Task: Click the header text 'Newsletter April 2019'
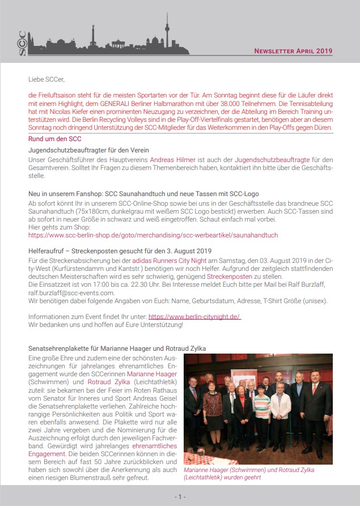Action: [293, 51]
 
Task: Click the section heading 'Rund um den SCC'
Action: [54, 139]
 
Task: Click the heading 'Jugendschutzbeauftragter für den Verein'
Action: [88, 150]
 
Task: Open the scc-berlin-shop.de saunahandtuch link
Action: [153, 235]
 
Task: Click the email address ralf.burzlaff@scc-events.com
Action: [71, 293]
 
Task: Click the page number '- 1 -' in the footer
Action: [180, 497]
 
